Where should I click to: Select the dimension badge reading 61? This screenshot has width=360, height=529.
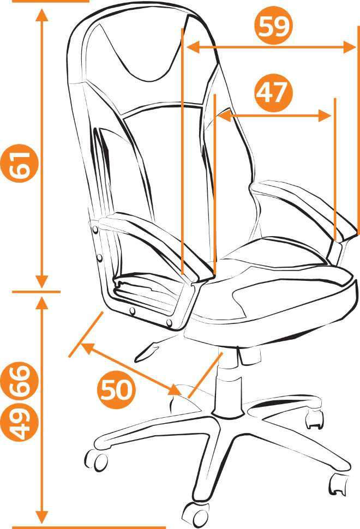tap(19, 163)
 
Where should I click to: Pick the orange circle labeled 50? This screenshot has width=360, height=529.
tap(116, 390)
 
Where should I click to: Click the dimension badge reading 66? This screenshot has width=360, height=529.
tap(19, 381)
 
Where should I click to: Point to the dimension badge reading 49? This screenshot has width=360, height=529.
tap(19, 421)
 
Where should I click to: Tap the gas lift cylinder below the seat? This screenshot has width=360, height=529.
tap(228, 383)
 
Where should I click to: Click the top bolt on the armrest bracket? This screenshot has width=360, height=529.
tap(95, 230)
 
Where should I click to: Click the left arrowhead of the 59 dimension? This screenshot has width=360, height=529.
tap(193, 47)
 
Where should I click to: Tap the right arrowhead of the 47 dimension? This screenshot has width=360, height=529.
tap(325, 116)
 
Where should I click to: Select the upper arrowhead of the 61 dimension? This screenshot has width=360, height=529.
tap(42, 15)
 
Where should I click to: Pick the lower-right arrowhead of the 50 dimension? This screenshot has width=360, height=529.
tap(176, 390)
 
